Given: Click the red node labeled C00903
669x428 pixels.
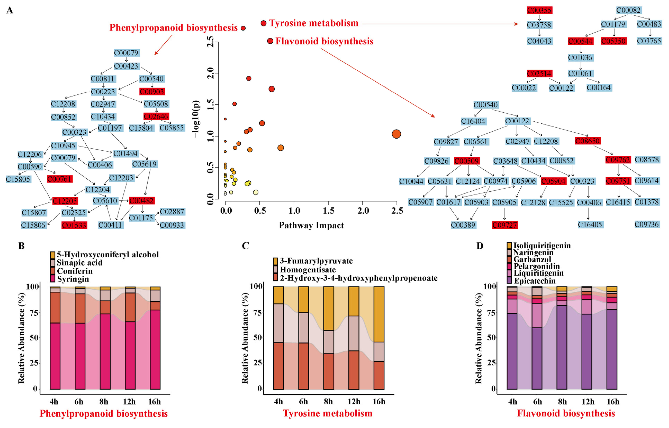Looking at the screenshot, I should [x=152, y=92].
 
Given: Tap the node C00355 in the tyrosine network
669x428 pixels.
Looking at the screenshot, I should [x=539, y=10].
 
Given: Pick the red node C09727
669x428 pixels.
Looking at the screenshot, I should [x=504, y=225].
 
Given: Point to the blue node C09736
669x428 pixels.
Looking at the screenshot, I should [x=646, y=224].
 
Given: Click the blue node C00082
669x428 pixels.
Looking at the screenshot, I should [x=628, y=10].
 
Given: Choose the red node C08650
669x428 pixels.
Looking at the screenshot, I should [x=587, y=141].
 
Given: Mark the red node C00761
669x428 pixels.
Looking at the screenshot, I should [x=59, y=179].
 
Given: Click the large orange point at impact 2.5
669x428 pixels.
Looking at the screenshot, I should [x=396, y=134].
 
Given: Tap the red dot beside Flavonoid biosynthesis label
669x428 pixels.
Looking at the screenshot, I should [x=270, y=41].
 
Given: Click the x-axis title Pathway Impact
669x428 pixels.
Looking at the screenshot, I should [x=311, y=225].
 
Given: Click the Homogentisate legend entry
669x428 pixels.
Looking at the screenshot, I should [x=308, y=270].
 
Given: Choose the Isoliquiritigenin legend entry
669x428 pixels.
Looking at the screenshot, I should [x=542, y=246].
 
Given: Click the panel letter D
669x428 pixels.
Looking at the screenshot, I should [x=480, y=246].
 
